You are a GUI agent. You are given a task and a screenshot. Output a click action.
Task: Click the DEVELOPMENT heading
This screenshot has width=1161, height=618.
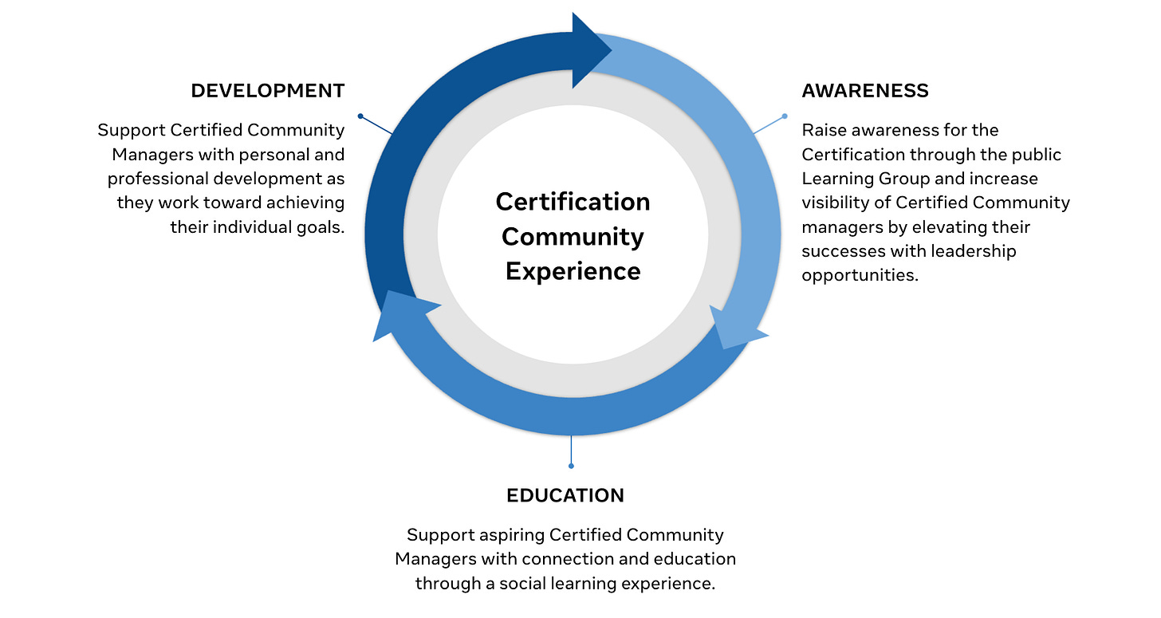[x=267, y=91]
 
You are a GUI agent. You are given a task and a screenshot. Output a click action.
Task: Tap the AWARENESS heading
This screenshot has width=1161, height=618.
[x=865, y=91]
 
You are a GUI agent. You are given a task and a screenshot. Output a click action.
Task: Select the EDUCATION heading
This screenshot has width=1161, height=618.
[x=565, y=495]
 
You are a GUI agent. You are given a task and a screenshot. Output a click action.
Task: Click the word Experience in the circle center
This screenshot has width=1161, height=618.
[x=573, y=271]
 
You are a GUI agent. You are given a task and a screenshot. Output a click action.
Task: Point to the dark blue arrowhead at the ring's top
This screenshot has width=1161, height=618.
[x=590, y=49]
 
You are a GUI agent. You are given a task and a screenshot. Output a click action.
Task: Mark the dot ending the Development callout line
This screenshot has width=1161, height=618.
[x=360, y=116]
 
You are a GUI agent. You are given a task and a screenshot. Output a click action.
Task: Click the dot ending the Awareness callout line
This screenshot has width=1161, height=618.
[x=784, y=116]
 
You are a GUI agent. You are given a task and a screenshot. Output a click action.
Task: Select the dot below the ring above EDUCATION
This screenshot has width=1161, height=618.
[x=571, y=466]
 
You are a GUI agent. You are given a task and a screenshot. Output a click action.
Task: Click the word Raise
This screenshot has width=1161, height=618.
[x=821, y=130]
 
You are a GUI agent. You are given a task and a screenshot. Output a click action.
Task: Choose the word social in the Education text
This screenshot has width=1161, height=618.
[x=526, y=583]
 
